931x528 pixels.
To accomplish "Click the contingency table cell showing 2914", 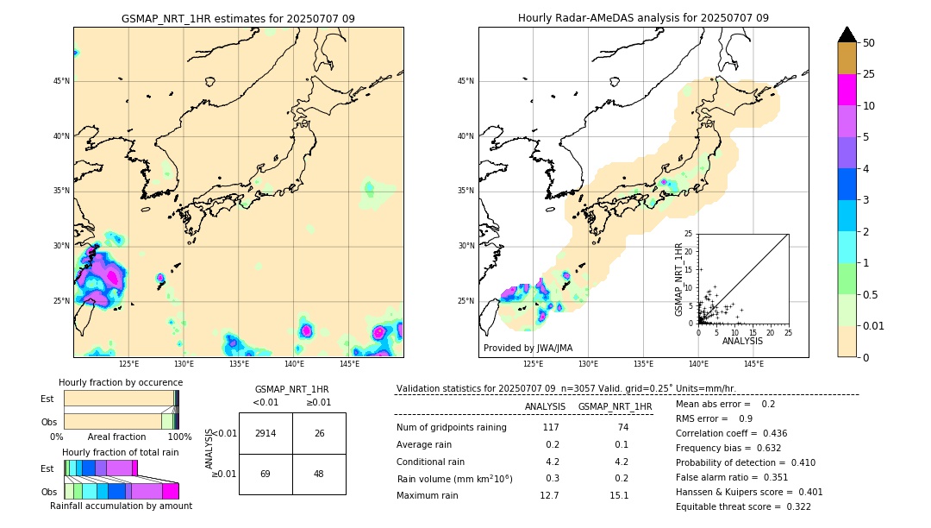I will pyautogui.click(x=266, y=433).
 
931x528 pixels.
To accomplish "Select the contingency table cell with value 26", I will pyautogui.click(x=319, y=433).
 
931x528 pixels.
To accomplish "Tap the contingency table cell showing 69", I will pyautogui.click(x=266, y=475).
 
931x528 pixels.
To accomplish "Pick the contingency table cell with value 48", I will pyautogui.click(x=319, y=475).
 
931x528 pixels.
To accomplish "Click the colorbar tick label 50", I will pyautogui.click(x=869, y=43).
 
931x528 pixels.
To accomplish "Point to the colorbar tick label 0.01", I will pyautogui.click(x=874, y=325).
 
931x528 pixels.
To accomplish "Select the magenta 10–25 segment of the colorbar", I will pyautogui.click(x=847, y=90).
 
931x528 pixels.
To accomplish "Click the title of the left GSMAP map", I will pyautogui.click(x=238, y=18).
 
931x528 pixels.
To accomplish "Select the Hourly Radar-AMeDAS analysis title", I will pyautogui.click(x=643, y=18).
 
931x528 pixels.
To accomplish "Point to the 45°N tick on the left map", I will pyautogui.click(x=61, y=81).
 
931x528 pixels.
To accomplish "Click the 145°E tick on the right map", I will pyautogui.click(x=753, y=364).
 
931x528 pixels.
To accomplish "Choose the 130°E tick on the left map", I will pyautogui.click(x=184, y=364).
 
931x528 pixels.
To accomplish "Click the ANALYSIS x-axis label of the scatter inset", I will pyautogui.click(x=742, y=341).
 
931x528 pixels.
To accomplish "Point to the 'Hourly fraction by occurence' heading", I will pyautogui.click(x=121, y=382).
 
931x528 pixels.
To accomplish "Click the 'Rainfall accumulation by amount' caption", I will pyautogui.click(x=121, y=506).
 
